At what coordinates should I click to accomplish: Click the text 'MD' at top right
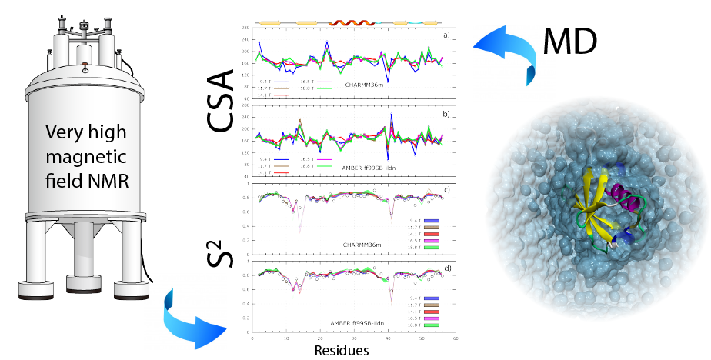point(570,42)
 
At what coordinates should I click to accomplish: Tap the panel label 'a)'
point(445,36)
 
